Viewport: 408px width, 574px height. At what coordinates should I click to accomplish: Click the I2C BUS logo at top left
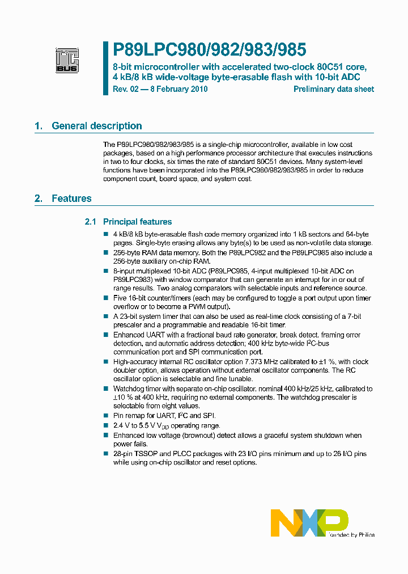(67, 60)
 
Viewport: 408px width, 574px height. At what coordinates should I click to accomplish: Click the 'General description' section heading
(96, 126)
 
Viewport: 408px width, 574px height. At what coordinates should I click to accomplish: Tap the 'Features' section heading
(71, 199)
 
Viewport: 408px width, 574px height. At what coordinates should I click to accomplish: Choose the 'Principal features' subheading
(137, 222)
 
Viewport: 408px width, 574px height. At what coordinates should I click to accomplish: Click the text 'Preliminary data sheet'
(333, 89)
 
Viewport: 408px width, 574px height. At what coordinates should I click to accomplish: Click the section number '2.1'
(91, 222)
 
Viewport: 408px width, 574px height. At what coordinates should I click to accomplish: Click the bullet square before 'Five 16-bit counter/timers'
(106, 298)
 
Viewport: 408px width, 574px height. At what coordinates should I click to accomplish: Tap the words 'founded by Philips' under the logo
(350, 534)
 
